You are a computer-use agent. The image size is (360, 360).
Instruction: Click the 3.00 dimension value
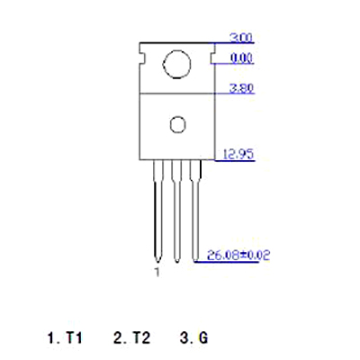(x=241, y=38)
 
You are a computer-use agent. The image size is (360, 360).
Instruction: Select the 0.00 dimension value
(x=242, y=58)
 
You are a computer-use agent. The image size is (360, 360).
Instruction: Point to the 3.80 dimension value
(x=241, y=88)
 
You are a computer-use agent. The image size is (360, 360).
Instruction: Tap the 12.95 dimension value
(x=238, y=155)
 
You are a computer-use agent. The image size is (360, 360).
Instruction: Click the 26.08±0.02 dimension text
(x=238, y=255)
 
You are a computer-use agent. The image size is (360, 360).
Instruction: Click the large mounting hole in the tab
(x=176, y=64)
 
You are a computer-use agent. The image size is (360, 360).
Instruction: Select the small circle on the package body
(x=177, y=124)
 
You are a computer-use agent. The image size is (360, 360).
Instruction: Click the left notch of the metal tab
(x=142, y=58)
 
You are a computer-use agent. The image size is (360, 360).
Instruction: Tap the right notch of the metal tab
(x=212, y=58)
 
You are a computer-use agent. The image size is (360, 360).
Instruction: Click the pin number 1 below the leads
(x=157, y=272)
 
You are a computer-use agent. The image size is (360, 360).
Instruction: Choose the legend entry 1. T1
(x=65, y=337)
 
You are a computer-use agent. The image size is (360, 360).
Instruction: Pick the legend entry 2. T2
(x=132, y=337)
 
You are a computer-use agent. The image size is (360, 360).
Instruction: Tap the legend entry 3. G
(x=193, y=337)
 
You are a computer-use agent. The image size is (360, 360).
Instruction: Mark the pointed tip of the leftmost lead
(x=158, y=263)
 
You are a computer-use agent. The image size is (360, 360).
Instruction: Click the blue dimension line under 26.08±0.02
(x=227, y=262)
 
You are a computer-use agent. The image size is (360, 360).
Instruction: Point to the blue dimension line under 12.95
(x=235, y=161)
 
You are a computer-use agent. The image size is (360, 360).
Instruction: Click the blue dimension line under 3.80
(x=235, y=94)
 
